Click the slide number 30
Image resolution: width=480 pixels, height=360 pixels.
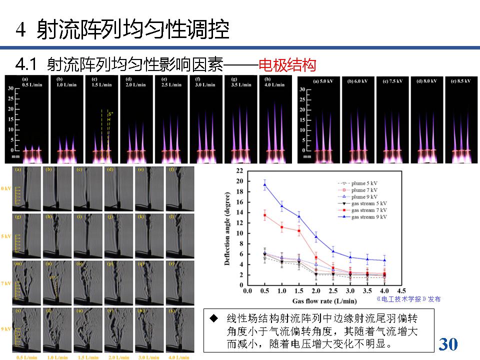448,344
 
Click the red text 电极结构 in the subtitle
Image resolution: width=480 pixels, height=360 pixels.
287,65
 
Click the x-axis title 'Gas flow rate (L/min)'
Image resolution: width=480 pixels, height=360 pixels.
324,301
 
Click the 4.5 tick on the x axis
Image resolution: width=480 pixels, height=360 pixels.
401,290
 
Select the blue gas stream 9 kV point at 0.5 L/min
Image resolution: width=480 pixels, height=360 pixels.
264,184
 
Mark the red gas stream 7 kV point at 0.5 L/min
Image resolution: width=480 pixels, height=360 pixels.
264,215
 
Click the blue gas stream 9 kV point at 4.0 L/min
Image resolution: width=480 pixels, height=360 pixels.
384,260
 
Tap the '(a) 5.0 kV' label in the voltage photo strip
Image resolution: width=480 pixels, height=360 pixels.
323,81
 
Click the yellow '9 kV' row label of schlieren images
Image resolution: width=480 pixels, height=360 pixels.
6,328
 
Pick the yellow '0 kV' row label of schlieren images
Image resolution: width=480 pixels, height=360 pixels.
6,188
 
